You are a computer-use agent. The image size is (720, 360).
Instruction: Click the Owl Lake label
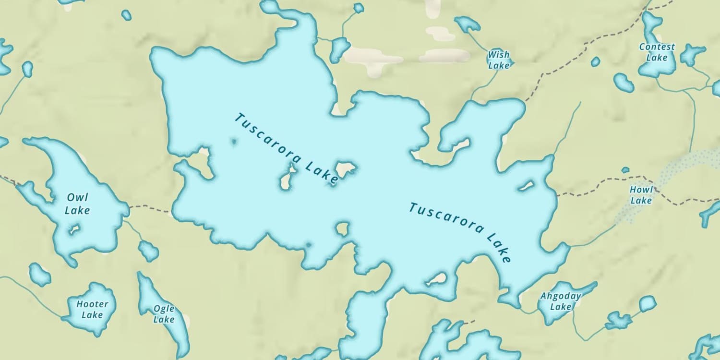[x=77, y=204]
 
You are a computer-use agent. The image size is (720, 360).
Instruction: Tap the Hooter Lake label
[x=92, y=310]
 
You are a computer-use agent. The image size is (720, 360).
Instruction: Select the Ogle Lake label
[x=164, y=314]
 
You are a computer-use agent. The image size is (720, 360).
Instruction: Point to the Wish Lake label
[x=499, y=60]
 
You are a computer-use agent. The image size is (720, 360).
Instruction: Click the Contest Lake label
[x=657, y=52]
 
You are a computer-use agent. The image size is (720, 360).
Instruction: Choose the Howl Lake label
[x=641, y=195]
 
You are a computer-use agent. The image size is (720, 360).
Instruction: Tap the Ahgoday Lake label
[x=561, y=301]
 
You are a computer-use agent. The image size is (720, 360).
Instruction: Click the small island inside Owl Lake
[x=73, y=230]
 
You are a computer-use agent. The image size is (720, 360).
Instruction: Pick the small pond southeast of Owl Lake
[x=148, y=251]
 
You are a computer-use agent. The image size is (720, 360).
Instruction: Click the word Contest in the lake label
[x=657, y=47]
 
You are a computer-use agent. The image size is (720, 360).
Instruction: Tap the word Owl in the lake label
[x=77, y=197]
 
